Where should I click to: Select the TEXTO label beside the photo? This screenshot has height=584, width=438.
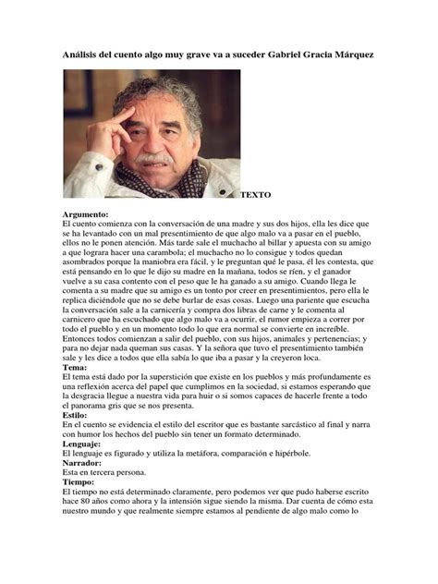tap(256, 197)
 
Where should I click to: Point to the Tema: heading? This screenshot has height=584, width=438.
tap(76, 366)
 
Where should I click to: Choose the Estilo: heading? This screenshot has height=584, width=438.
tap(78, 416)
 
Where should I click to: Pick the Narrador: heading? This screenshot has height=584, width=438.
tap(86, 465)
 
